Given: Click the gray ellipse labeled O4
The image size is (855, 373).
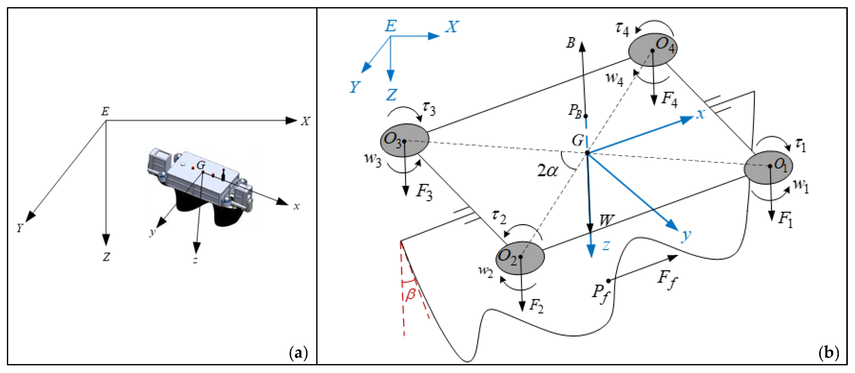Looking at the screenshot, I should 653,50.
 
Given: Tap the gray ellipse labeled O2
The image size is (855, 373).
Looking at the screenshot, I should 520,258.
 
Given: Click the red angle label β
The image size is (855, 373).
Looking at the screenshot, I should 411,294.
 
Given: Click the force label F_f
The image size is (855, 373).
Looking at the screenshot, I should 667,279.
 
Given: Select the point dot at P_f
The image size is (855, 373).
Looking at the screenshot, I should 608,281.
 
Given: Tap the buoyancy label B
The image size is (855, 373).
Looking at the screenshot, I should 571,42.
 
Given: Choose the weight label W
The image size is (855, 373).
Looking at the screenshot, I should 606,220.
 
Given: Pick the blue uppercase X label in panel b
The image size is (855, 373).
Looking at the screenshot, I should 452,27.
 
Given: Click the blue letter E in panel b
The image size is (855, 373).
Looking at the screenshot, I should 391,26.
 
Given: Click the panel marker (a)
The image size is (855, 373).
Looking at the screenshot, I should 298,353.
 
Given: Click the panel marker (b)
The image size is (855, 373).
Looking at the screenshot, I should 828,353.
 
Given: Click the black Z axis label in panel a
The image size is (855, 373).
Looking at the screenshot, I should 106,257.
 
